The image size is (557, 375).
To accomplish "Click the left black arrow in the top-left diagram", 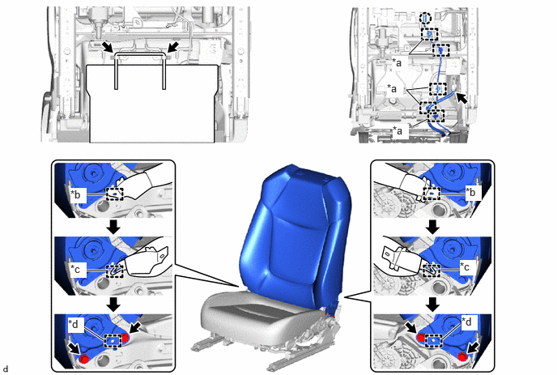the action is [107, 47].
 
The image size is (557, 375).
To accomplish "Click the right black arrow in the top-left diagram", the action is [173, 47].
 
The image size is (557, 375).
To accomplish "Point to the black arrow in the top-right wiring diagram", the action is [461, 98].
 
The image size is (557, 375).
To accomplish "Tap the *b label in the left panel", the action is [78, 194].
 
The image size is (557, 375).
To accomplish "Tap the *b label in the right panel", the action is [471, 192].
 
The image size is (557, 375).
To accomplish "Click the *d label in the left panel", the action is [75, 325].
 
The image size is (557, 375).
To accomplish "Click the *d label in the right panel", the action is [467, 322].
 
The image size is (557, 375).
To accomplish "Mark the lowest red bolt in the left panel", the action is [84, 358].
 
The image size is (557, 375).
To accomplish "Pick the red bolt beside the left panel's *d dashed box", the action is [125, 338].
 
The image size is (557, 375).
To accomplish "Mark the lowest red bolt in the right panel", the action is [461, 356].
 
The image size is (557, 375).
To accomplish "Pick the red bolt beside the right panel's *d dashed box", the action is [421, 337].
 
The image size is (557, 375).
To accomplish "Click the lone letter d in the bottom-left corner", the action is [5, 369].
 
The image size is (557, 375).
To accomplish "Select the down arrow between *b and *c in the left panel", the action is [113, 227].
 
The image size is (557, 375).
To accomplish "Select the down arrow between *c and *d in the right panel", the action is [432, 305].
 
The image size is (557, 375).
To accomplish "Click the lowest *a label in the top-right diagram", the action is [398, 131].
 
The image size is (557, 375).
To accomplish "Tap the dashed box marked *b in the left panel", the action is [115, 194].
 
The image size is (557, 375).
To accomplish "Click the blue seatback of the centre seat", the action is [295, 235].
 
